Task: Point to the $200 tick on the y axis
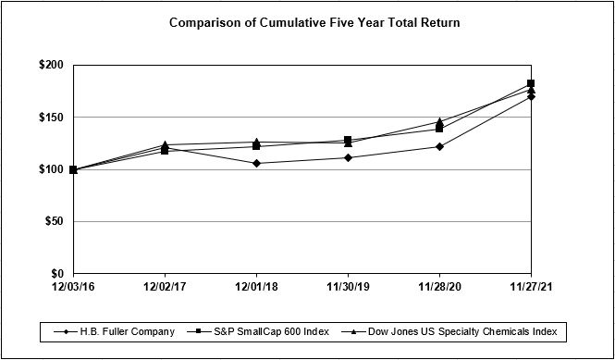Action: pos(51,66)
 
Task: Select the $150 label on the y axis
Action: pos(51,118)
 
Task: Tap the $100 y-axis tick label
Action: pos(51,169)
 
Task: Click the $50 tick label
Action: pos(54,222)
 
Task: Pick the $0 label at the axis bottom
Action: pos(56,274)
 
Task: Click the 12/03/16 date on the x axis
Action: pos(73,288)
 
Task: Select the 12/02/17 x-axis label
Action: pos(165,288)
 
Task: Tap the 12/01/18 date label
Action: pos(256,288)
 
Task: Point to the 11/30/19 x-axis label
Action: pos(348,288)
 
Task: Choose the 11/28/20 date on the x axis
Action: pos(439,288)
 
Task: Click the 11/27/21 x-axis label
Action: pos(531,288)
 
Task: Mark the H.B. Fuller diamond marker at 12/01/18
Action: pos(256,163)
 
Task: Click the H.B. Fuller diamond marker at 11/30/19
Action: pos(348,157)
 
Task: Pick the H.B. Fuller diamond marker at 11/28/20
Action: pos(439,146)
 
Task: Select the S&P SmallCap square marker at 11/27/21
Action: pos(531,83)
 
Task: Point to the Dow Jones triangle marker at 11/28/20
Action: pos(439,121)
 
